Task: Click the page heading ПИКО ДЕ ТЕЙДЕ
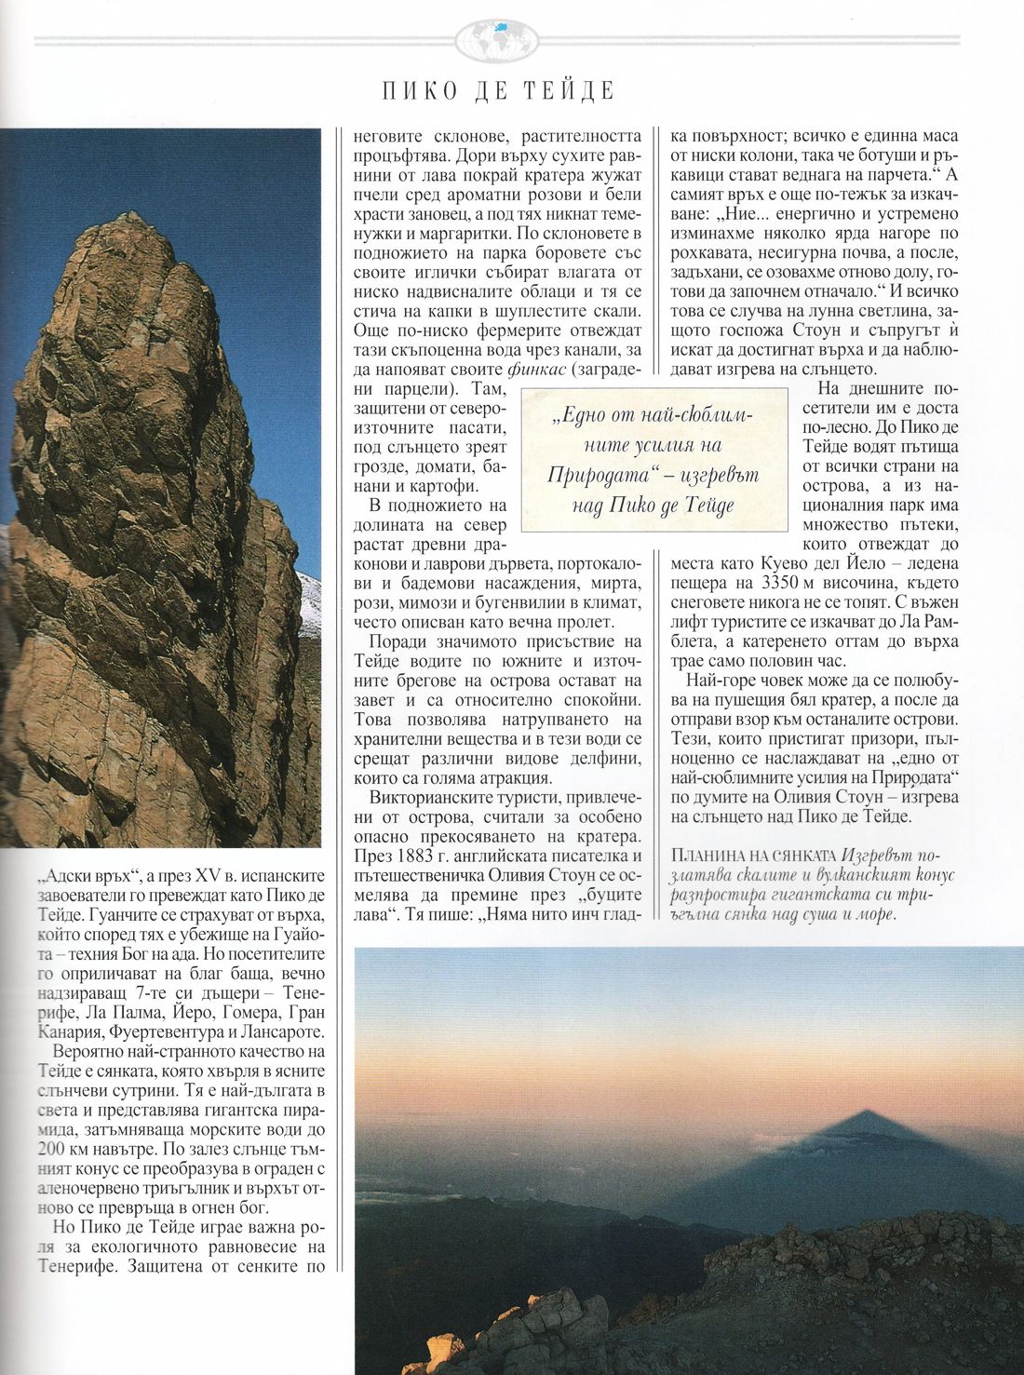tap(499, 91)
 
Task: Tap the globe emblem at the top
tap(499, 38)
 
